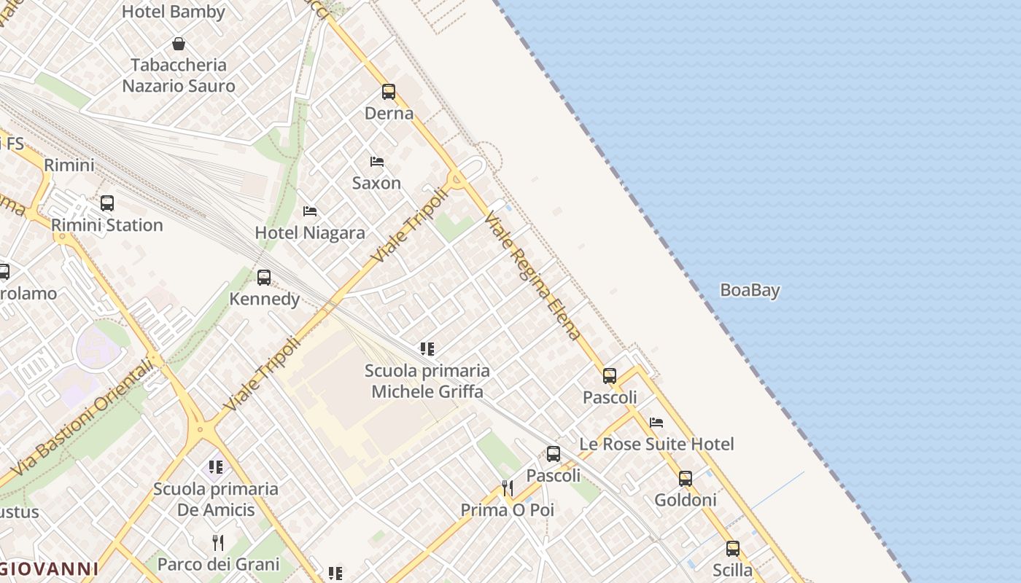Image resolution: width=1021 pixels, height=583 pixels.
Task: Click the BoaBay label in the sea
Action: pyautogui.click(x=750, y=290)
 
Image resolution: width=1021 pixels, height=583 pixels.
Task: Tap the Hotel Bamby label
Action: pyautogui.click(x=174, y=12)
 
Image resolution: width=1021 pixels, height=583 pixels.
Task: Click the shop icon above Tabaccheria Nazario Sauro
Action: pyautogui.click(x=179, y=44)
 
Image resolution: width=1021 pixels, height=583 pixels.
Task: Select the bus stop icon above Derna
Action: pyautogui.click(x=389, y=92)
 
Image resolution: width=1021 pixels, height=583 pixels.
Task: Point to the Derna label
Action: pyautogui.click(x=389, y=113)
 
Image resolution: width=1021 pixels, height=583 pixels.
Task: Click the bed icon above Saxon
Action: pyautogui.click(x=377, y=162)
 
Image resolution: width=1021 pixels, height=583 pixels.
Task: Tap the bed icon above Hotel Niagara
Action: pyautogui.click(x=310, y=211)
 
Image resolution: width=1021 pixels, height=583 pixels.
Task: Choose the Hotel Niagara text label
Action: pyautogui.click(x=310, y=232)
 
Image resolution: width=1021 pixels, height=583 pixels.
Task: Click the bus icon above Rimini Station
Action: pyautogui.click(x=107, y=203)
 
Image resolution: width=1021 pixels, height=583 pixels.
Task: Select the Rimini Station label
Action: pyautogui.click(x=107, y=224)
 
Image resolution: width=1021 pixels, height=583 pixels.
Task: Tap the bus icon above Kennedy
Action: pyautogui.click(x=264, y=278)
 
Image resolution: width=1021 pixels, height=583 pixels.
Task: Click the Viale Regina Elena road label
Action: pyautogui.click(x=533, y=275)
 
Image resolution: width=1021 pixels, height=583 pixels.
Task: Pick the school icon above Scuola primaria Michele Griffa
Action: pyautogui.click(x=427, y=349)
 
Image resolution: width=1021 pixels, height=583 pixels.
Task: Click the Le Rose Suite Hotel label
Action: pyautogui.click(x=656, y=444)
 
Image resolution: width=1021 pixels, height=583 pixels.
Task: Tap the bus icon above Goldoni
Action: pyautogui.click(x=686, y=479)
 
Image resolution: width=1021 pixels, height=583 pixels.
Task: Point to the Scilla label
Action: pyautogui.click(x=732, y=570)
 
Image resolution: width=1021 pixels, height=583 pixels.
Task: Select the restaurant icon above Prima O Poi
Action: pyautogui.click(x=508, y=488)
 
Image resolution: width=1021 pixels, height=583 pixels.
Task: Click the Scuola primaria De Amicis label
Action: pyautogui.click(x=216, y=498)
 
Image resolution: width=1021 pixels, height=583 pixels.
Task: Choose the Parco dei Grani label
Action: pyautogui.click(x=218, y=564)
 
